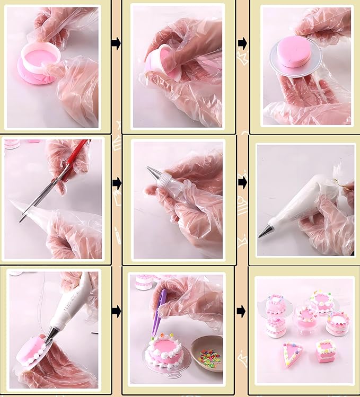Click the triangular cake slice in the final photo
tap(291, 354)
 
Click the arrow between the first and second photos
tap(116, 43)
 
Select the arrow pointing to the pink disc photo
tap(242, 43)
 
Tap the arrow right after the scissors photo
tap(116, 182)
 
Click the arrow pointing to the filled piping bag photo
tap(242, 182)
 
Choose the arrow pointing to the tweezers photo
tap(116, 311)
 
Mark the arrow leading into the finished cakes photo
tap(242, 311)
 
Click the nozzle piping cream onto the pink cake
tap(51, 334)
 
